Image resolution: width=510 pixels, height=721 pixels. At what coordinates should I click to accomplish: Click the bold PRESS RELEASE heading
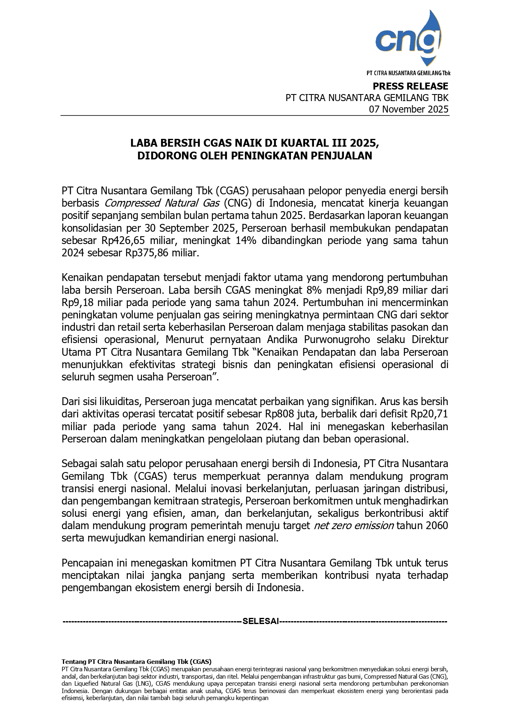410,86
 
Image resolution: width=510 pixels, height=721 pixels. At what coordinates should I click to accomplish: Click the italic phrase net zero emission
353,526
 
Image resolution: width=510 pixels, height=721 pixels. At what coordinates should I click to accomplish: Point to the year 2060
437,526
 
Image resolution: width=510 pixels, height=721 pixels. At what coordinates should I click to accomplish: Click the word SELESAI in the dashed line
261,621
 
